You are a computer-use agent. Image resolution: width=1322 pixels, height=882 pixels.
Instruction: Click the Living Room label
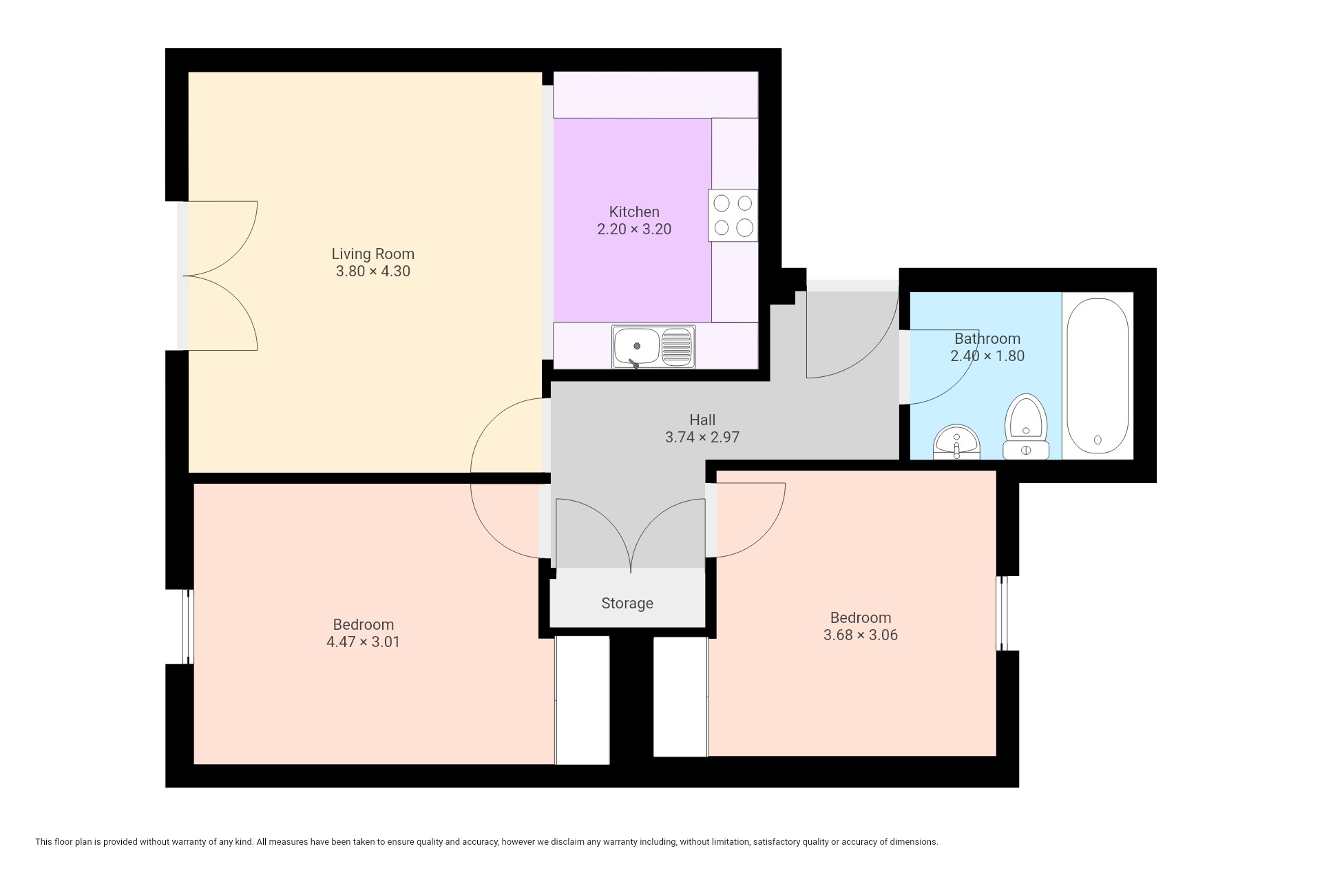pos(373,254)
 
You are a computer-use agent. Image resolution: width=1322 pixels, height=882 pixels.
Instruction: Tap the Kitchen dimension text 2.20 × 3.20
pos(634,229)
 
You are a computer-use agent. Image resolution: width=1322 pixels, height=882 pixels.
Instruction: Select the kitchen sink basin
pos(637,346)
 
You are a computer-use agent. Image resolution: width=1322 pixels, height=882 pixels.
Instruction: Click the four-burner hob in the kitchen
pos(733,215)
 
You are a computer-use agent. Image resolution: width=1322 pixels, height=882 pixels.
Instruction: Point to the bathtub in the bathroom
pos(1098,376)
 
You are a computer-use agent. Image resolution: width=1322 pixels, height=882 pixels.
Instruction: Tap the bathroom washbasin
pos(956,442)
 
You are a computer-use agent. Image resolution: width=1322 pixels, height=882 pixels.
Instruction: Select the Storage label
pos(627,604)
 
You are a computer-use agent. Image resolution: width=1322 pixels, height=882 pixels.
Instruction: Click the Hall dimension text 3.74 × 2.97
pos(702,437)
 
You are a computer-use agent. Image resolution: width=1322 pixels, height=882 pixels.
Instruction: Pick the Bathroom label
pos(987,338)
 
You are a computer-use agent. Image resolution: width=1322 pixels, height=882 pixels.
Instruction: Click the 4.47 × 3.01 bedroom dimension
pos(363,642)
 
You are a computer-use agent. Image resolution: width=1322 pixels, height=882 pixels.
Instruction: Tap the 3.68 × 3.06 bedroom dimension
pos(861,635)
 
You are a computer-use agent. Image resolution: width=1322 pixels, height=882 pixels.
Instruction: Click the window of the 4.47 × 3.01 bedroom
pos(187,627)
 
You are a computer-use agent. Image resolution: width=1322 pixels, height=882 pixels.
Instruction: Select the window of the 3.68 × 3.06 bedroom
pos(1003,613)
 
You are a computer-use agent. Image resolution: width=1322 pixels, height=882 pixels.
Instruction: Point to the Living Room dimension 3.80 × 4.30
pos(373,271)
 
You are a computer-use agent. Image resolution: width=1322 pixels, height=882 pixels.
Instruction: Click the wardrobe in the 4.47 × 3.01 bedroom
pos(583,700)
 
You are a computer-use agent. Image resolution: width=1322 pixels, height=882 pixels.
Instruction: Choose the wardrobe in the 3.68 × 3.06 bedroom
pos(681,697)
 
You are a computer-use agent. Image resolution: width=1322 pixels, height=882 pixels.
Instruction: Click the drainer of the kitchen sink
pos(678,346)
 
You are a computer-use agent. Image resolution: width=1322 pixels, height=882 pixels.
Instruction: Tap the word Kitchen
pos(634,212)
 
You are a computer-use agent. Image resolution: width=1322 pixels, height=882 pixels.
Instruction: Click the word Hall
pos(702,420)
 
